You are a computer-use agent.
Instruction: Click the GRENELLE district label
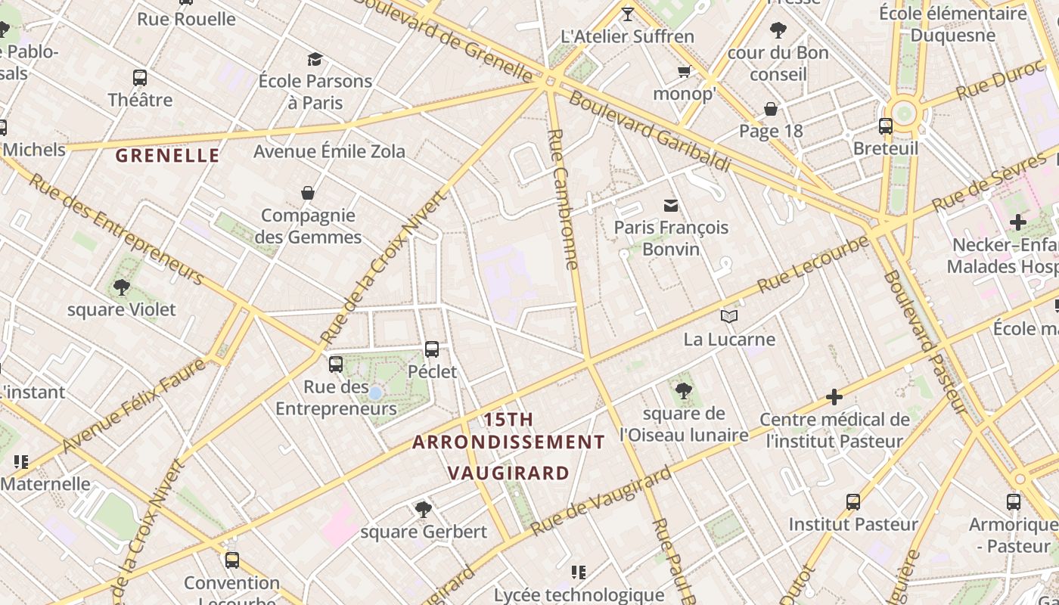(167, 156)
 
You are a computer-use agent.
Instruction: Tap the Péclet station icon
(432, 349)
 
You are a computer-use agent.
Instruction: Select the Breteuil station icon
(886, 126)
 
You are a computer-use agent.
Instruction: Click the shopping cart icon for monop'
(685, 72)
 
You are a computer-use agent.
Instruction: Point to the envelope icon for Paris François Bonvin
(671, 205)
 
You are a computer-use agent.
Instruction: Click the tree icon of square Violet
(121, 287)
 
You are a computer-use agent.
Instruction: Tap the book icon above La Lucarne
(729, 317)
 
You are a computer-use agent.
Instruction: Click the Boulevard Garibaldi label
(650, 132)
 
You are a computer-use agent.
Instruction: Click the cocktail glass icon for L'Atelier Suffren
(627, 14)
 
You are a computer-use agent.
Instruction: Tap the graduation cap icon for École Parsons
(315, 59)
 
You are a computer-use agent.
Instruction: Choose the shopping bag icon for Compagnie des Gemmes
(308, 194)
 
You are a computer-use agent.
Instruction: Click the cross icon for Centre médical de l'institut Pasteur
(834, 397)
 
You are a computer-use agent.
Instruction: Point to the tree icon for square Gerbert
(424, 510)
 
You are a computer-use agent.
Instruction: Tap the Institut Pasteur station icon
(853, 501)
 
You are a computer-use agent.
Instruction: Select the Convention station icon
(232, 560)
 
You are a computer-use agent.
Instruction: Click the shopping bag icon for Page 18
(771, 109)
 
